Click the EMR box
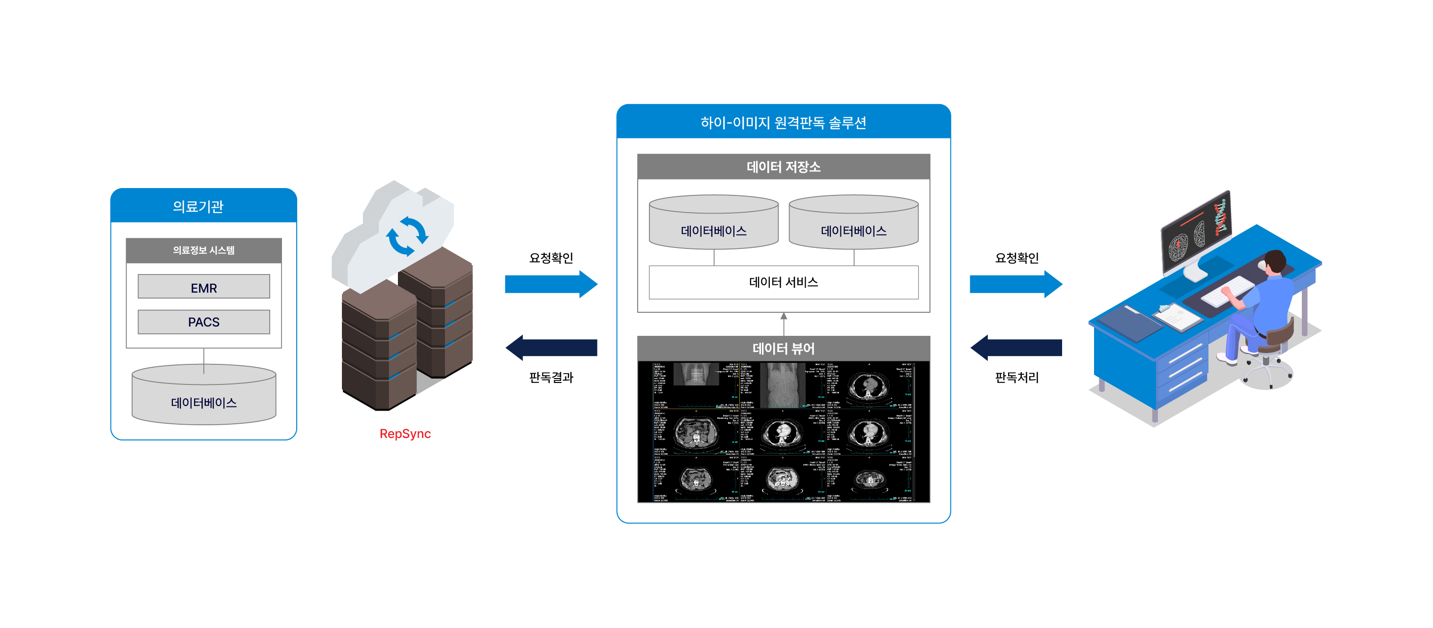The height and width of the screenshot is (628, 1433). (203, 287)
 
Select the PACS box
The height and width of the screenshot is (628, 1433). (203, 322)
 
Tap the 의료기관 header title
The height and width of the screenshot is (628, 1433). (198, 206)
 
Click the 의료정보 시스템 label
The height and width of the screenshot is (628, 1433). (203, 250)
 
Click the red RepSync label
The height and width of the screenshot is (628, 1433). (405, 433)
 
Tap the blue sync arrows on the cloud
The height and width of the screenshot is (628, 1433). (407, 236)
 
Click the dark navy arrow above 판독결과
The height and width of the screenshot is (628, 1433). (551, 348)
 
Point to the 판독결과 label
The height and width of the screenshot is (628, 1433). (551, 377)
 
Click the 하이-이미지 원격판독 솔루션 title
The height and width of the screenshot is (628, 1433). (783, 122)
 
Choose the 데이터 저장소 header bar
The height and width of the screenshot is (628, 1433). (783, 167)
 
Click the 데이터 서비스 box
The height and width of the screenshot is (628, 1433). (783, 282)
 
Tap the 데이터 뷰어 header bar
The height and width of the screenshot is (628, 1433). (783, 349)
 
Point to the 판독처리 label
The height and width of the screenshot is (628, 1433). (1016, 377)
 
